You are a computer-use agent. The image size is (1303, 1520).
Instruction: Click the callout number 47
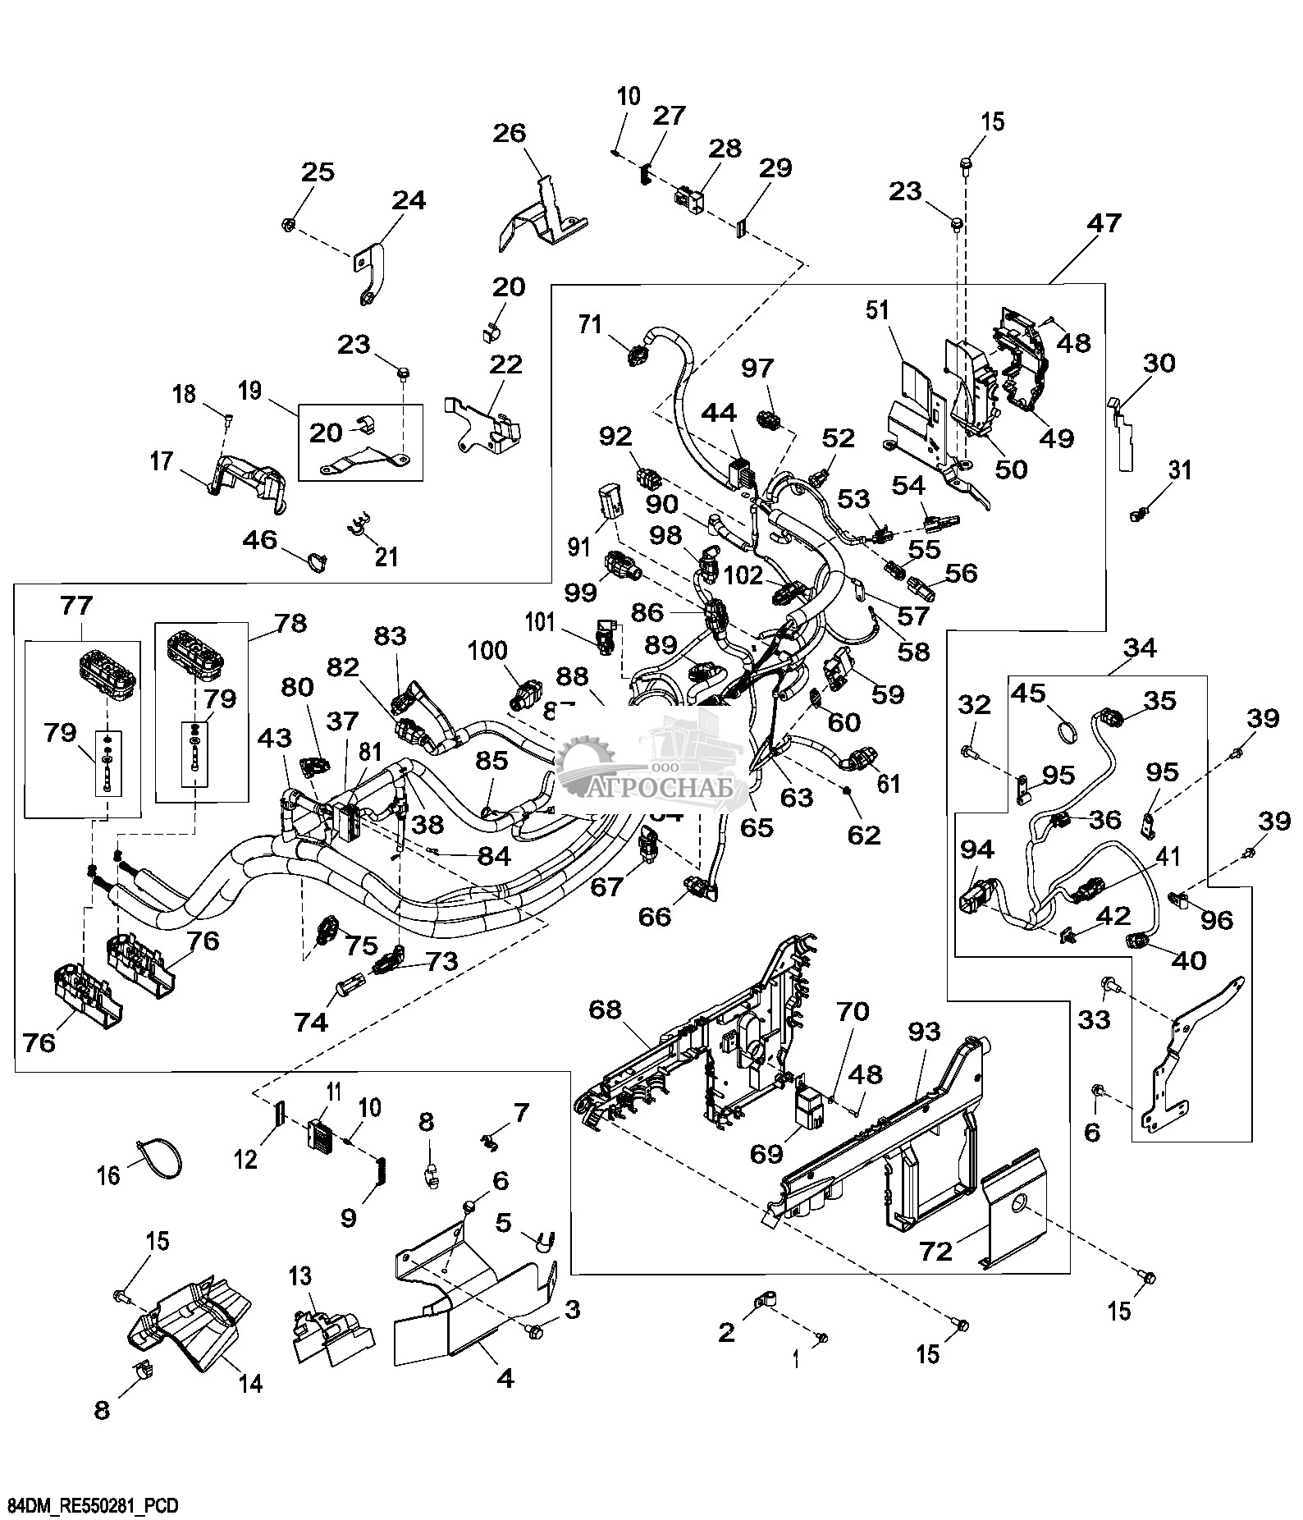tap(1104, 223)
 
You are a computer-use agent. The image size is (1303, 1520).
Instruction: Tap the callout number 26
tap(510, 134)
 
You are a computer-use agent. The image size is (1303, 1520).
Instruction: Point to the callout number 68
tap(606, 1010)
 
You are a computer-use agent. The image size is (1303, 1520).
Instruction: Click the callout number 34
tap(1140, 649)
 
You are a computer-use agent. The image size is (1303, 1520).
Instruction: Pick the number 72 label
tap(935, 1251)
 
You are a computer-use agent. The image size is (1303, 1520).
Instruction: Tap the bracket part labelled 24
tap(367, 271)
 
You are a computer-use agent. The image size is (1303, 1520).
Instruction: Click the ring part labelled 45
tap(1066, 728)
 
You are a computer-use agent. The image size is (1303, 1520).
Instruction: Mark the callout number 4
tap(505, 1378)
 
